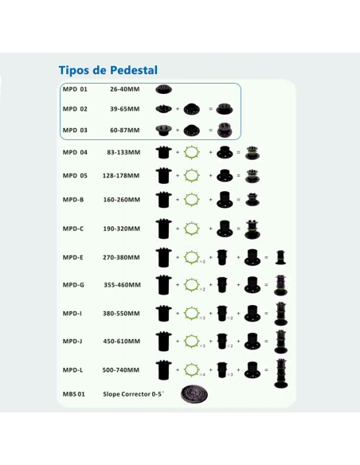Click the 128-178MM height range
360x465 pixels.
pos(122,175)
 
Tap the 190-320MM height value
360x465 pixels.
pos(122,229)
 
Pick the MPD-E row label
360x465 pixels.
pos(73,257)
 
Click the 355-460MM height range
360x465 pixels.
pos(122,284)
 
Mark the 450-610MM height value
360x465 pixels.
pos(122,341)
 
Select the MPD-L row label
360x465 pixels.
pos(72,369)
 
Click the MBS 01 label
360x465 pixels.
pos(74,394)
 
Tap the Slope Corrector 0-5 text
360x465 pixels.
pos(134,394)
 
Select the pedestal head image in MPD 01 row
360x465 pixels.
pos(164,88)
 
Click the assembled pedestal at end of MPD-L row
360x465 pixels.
pos(281,371)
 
